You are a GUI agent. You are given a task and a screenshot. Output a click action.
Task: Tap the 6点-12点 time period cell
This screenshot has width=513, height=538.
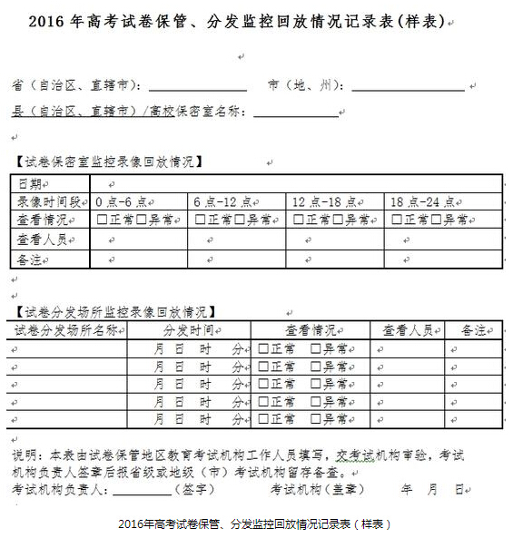tap(222, 201)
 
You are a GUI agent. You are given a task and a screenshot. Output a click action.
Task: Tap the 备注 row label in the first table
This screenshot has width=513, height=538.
tap(30, 260)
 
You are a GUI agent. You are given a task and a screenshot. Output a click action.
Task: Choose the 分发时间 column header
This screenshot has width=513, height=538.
tap(188, 329)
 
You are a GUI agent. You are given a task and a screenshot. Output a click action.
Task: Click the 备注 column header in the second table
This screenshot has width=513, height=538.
tap(473, 329)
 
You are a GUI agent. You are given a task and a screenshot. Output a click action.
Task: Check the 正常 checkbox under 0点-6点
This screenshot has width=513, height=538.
tap(103, 220)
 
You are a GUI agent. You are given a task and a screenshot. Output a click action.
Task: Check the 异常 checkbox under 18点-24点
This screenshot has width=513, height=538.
tap(438, 220)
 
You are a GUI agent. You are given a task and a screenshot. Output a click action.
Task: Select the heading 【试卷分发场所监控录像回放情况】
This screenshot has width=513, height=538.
tap(115, 311)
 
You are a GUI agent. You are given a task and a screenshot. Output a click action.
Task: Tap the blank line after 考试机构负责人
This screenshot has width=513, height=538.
tap(142, 490)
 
